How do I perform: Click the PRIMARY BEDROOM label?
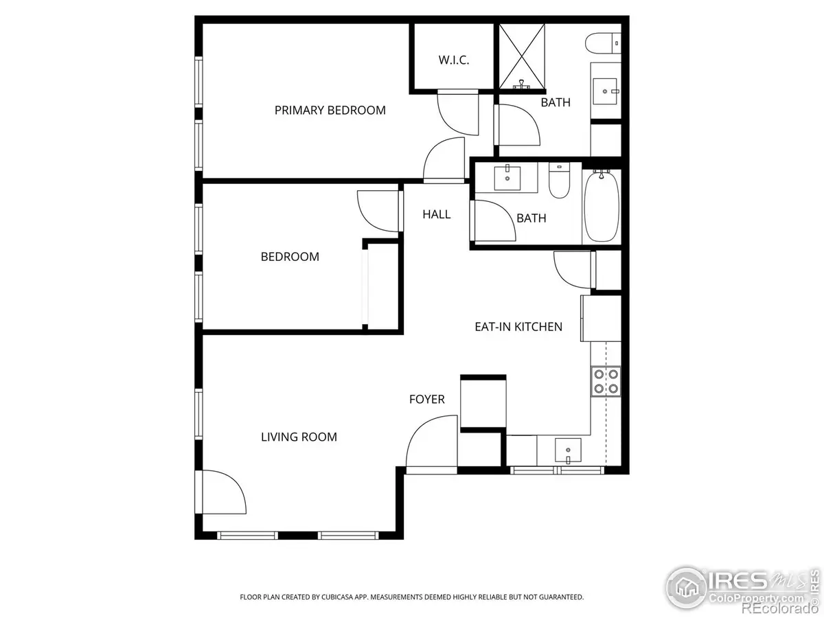tap(330, 110)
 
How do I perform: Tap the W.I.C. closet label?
tap(453, 60)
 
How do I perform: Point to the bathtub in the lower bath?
tap(601, 206)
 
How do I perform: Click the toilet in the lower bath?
tap(559, 180)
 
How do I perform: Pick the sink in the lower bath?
tap(507, 179)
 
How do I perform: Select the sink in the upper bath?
tap(606, 89)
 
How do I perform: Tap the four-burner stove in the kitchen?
tap(606, 381)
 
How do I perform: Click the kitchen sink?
tap(568, 451)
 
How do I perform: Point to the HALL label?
tap(436, 214)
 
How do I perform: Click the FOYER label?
tap(426, 399)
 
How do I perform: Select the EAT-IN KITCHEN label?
tap(518, 327)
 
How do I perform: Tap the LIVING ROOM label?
tap(299, 437)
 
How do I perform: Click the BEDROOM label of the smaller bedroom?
tap(289, 257)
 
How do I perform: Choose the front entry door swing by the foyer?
tap(429, 443)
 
